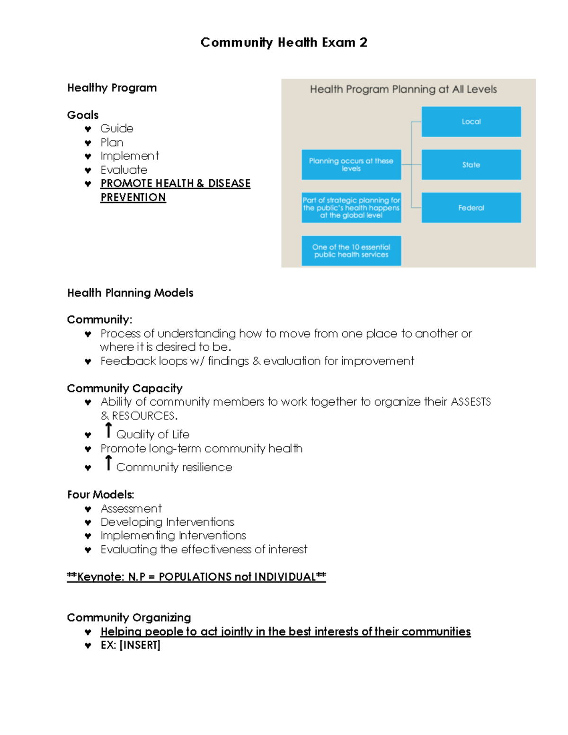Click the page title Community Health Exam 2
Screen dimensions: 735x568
[x=284, y=43]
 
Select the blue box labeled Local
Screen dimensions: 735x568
[x=471, y=122]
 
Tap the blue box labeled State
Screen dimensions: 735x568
[x=471, y=165]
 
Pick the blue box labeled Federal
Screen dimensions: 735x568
[x=471, y=208]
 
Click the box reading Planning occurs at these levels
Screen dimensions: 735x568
[x=351, y=165]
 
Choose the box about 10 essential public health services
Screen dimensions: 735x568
[x=351, y=251]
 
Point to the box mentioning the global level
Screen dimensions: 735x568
[x=351, y=208]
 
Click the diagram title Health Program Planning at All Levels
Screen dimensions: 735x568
[x=403, y=89]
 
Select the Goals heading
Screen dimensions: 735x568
[x=83, y=115]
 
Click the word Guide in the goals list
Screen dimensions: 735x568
[x=117, y=129]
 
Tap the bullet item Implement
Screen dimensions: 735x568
[x=130, y=156]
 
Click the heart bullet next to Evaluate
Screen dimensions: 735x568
[x=88, y=170]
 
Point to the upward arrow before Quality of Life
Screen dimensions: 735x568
[x=108, y=431]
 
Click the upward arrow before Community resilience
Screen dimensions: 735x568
[x=108, y=463]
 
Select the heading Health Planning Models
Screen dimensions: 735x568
[x=130, y=293]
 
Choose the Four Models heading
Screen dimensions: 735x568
[x=100, y=495]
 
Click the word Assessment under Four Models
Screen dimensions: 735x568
[x=131, y=509]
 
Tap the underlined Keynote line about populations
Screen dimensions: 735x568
[x=196, y=577]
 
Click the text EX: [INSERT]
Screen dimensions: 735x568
[x=131, y=646]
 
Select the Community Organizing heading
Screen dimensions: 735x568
[x=129, y=618]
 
